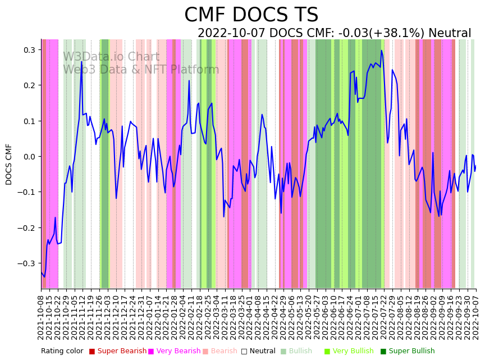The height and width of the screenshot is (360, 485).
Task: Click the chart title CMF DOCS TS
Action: (251, 15)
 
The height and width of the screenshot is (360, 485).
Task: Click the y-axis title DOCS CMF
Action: (9, 164)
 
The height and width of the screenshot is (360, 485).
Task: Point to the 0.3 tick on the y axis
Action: (29, 50)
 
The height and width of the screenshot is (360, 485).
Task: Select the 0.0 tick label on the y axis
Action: (29, 157)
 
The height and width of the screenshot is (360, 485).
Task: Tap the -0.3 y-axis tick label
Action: (26, 263)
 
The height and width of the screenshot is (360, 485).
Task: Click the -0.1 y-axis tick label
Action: (26, 192)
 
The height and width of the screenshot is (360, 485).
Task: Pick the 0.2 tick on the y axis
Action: (29, 85)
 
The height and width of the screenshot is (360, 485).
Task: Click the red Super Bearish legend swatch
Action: (92, 352)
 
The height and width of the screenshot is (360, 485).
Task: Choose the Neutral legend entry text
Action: (262, 352)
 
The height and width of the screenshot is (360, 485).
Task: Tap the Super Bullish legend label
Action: (411, 352)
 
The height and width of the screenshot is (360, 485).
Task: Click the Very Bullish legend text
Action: (353, 352)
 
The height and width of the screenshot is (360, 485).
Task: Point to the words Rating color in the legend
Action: (62, 352)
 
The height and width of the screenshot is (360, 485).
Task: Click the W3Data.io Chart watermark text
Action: (111, 57)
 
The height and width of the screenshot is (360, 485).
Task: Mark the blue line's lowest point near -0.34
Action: (44, 276)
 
